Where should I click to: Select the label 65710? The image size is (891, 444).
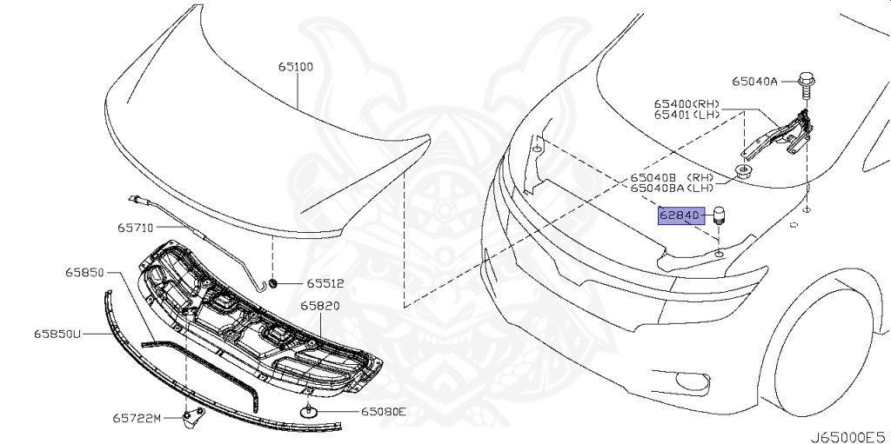click(135, 229)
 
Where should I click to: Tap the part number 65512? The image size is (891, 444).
click(325, 283)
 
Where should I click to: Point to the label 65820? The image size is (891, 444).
click(320, 307)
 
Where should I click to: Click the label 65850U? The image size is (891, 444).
click(57, 334)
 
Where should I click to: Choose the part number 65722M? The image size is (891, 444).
click(137, 418)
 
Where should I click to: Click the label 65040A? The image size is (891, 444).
click(754, 82)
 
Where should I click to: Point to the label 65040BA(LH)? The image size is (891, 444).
click(673, 187)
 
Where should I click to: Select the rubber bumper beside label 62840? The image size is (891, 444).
click(720, 215)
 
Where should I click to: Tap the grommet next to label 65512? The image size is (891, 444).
click(273, 283)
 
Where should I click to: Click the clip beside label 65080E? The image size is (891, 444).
click(309, 411)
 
